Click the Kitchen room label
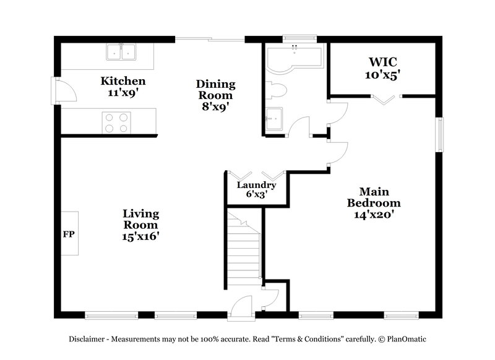[123, 81]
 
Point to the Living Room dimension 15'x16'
[140, 236]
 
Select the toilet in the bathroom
[277, 91]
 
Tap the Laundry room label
[256, 185]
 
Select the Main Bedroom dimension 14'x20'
[373, 214]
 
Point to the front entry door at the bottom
[240, 308]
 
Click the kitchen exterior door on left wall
[64, 91]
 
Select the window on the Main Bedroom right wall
[440, 134]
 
